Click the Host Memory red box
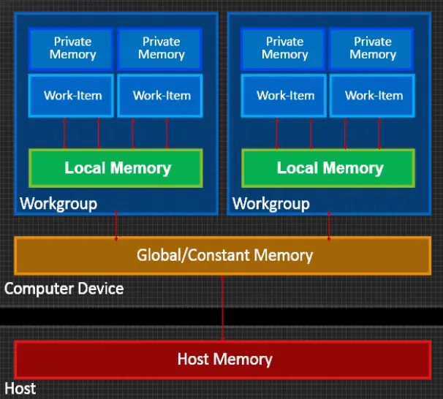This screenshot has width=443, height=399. point(223,359)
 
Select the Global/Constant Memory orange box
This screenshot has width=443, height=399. point(223,255)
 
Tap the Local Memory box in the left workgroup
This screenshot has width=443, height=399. point(116,168)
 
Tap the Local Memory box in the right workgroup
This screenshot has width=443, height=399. point(329,168)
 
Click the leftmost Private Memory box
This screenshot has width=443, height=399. point(72,48)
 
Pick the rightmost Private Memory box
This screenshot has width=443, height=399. point(373,48)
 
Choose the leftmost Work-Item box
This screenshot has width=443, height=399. point(72,95)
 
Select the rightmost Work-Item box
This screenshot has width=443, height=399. point(373,95)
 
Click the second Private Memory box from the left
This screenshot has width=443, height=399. point(160,48)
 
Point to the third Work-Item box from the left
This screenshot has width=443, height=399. point(285,95)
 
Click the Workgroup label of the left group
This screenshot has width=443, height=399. point(58,203)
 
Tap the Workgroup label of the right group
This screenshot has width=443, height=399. point(270,203)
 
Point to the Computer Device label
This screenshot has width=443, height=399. point(64,288)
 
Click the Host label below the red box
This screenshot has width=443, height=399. point(20,388)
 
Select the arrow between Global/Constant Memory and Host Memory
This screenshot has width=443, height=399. point(222,307)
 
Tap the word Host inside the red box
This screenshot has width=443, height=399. point(193,359)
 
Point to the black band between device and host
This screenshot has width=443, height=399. point(110,316)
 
